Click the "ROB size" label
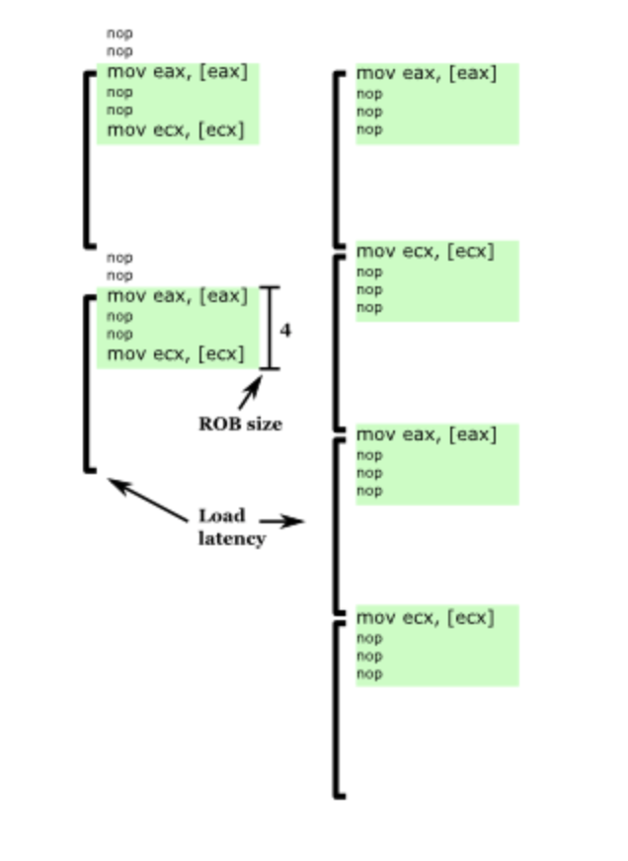[x=240, y=424]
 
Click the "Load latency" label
[x=231, y=527]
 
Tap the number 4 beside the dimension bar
[x=285, y=330]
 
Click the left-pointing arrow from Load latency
[x=147, y=500]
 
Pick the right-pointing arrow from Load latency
[x=281, y=522]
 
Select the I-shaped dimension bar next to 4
[x=270, y=328]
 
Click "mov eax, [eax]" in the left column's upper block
[x=178, y=72]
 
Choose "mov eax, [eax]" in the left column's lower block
[x=178, y=295]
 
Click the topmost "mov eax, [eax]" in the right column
[x=427, y=73]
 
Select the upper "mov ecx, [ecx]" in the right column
[x=425, y=251]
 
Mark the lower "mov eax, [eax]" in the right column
[x=427, y=434]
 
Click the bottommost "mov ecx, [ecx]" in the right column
[x=425, y=618]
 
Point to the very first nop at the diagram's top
[x=119, y=33]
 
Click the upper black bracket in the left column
[x=87, y=158]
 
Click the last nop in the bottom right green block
[x=369, y=674]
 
